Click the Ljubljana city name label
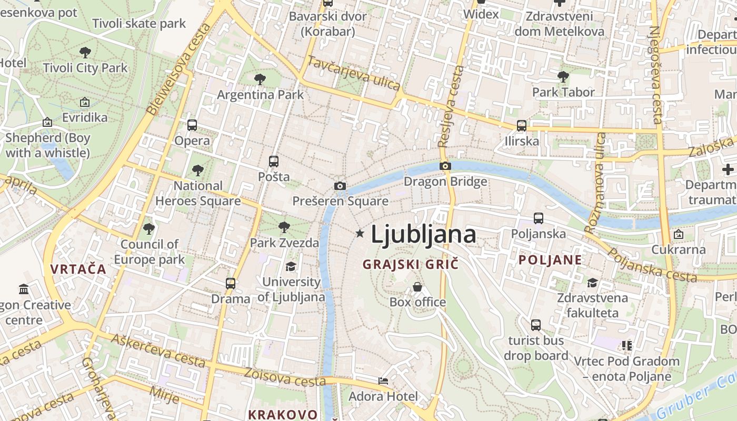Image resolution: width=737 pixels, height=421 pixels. point(423,234)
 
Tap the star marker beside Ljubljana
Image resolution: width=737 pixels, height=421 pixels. point(360,233)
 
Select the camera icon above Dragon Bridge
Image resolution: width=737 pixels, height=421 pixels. point(445,166)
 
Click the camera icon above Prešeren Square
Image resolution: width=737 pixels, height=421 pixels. point(340,186)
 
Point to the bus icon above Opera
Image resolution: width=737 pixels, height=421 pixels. point(192,125)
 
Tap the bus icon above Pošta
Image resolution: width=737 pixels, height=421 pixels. point(273,162)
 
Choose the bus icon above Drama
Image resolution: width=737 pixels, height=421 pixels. point(231,284)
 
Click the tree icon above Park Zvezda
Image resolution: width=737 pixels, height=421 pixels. point(284,227)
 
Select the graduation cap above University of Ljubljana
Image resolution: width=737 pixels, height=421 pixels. point(291,266)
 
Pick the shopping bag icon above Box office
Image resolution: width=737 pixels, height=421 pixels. point(417,287)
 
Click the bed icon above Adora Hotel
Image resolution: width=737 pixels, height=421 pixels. point(383,381)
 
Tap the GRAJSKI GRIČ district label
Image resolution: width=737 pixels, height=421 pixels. point(411,264)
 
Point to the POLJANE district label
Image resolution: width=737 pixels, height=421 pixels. point(550,259)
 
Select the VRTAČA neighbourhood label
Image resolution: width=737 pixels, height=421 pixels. point(78,269)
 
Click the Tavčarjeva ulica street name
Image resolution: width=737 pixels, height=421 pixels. point(353,74)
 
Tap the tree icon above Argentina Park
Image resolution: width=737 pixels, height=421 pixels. point(260,79)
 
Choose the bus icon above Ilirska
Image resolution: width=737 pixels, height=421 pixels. point(522,126)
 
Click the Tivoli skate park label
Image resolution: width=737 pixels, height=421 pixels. point(139,23)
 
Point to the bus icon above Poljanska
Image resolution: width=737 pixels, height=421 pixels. point(539,218)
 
